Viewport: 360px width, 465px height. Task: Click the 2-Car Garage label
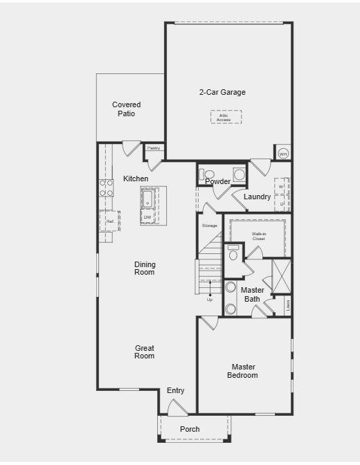(x=222, y=92)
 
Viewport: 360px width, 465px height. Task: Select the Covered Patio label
(x=126, y=109)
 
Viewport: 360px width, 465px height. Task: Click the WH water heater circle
(x=282, y=154)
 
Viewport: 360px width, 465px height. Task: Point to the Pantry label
(x=154, y=148)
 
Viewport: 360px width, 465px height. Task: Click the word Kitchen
(x=136, y=179)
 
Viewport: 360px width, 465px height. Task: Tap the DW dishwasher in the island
(x=147, y=217)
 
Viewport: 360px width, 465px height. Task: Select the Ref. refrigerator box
(x=109, y=221)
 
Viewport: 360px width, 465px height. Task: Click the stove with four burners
(x=107, y=188)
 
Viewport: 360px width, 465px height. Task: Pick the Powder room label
(x=217, y=182)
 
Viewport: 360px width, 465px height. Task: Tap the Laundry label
(x=257, y=197)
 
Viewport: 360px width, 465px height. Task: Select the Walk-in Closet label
(x=258, y=237)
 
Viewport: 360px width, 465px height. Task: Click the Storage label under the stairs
(x=209, y=226)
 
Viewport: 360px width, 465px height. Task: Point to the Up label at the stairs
(x=210, y=300)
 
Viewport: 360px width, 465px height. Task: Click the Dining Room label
(x=145, y=268)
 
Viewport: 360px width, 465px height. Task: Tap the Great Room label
(x=145, y=352)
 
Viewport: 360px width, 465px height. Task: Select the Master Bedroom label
(x=243, y=371)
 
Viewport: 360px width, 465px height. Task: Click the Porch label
(x=190, y=429)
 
